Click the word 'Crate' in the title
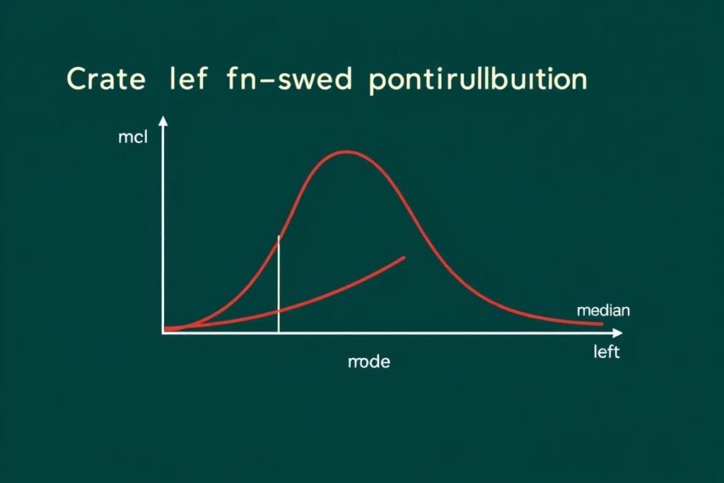pos(106,80)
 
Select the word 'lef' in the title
pos(187,80)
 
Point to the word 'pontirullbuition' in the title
pos(478,80)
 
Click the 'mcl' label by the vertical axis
pos(132,138)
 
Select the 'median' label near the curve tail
pos(603,310)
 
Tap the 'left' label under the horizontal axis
pos(606,352)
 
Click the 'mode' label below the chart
pos(369,362)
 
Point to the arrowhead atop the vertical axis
pos(164,122)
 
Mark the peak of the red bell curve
pos(345,151)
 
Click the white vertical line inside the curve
pos(279,283)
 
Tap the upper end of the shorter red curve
pos(404,257)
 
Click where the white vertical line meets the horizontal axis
pos(279,332)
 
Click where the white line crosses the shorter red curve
pos(279,310)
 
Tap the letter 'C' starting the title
pos(76,80)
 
